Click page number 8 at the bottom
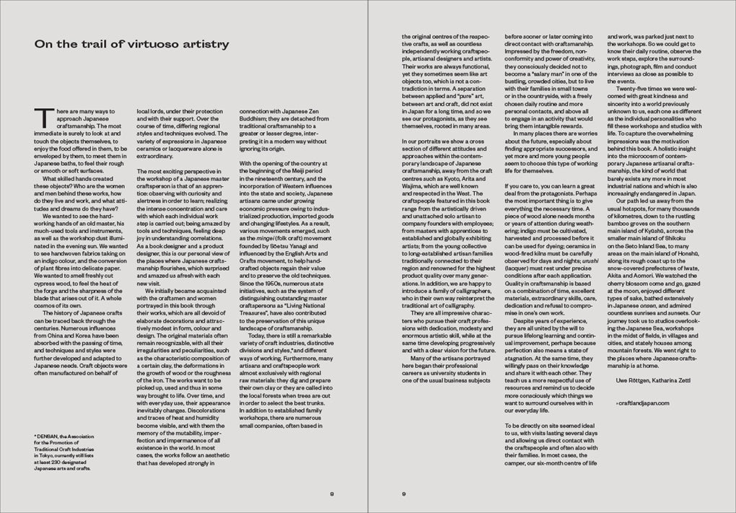click(331, 494)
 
